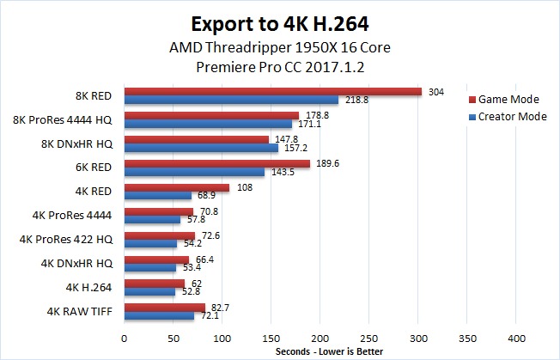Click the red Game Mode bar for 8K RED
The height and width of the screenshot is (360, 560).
[273, 92]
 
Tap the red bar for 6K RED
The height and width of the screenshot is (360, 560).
[217, 163]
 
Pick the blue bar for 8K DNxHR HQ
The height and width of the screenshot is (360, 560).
[201, 148]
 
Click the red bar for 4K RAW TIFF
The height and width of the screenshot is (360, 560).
[165, 307]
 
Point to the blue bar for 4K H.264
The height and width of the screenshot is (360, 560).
[150, 291]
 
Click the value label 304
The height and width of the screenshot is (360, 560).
[435, 91]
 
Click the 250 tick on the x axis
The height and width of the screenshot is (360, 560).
[369, 338]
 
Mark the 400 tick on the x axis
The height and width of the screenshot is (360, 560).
[516, 338]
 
